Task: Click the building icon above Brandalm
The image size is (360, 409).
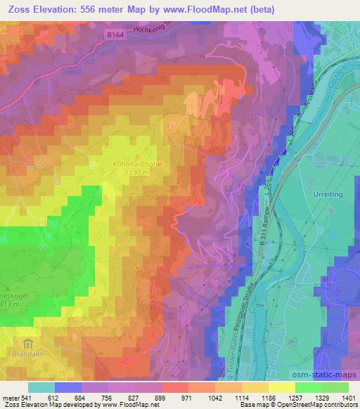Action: click(28, 344)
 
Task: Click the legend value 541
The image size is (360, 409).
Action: click(27, 398)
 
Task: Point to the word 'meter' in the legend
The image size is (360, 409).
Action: click(9, 398)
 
